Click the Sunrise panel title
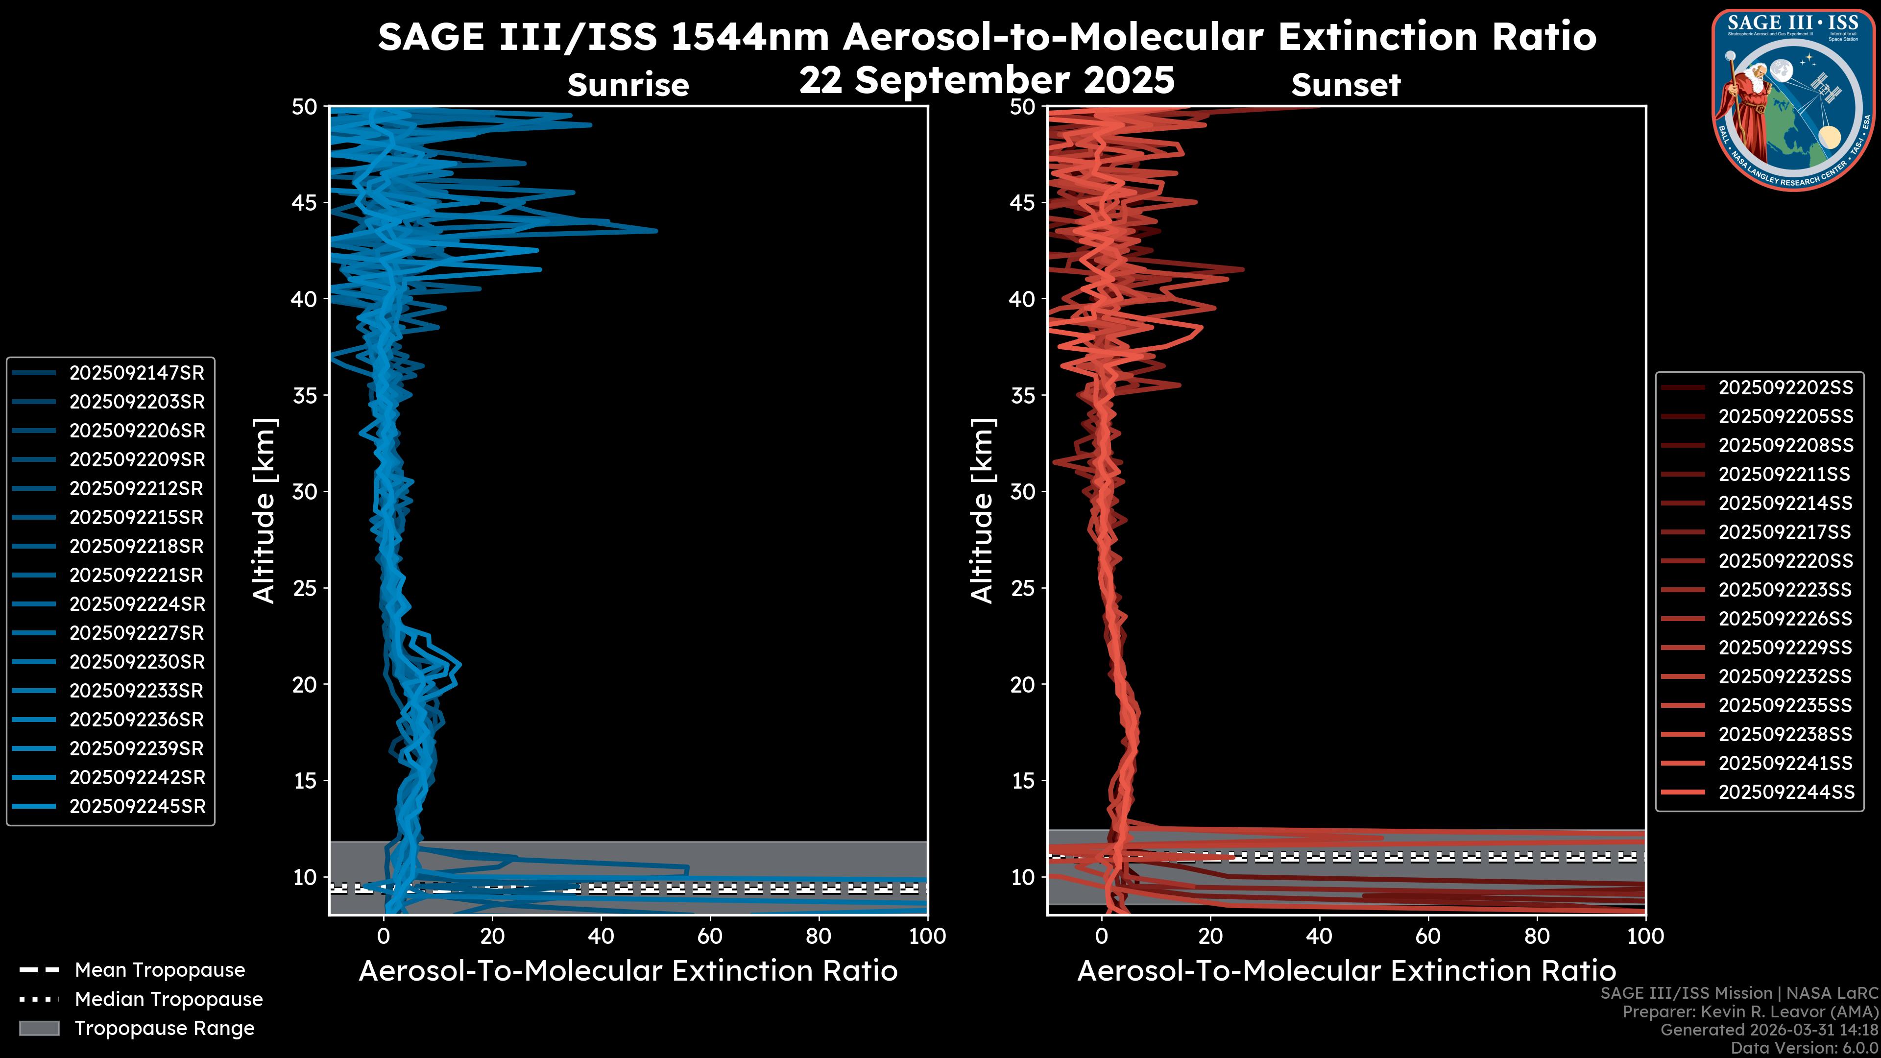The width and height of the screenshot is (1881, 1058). (628, 85)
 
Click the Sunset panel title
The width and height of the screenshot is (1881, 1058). (1346, 85)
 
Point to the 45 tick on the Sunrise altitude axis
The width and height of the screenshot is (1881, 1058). (305, 202)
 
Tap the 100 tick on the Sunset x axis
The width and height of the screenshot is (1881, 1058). (1645, 936)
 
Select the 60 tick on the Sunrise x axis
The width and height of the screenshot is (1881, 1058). (710, 936)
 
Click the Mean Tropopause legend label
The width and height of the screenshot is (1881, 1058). (160, 970)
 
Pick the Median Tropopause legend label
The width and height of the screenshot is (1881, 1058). (169, 1000)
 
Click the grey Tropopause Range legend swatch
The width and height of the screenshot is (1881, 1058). (39, 1028)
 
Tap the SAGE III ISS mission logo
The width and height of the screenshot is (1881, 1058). (1790, 100)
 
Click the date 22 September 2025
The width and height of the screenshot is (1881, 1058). (987, 80)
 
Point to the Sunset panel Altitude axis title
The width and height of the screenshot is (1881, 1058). (982, 511)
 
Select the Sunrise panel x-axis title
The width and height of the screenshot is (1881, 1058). (628, 971)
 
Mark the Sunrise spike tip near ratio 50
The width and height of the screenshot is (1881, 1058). (656, 231)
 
